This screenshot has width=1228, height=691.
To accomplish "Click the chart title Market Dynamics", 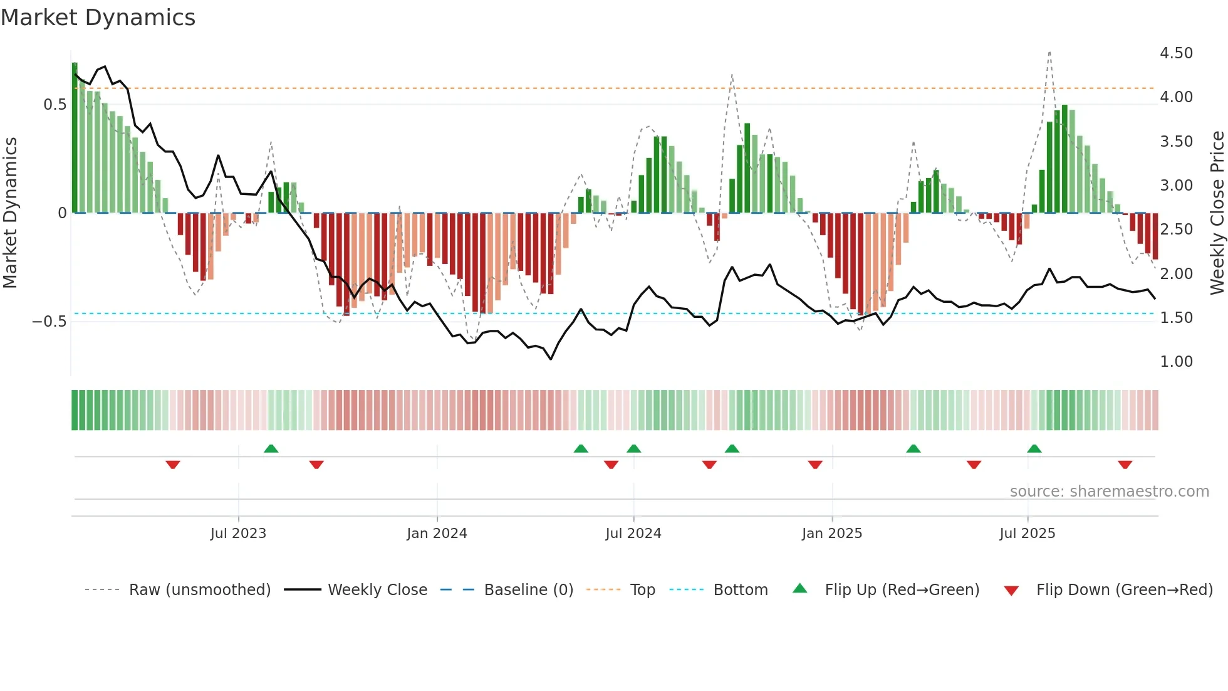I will click(98, 18).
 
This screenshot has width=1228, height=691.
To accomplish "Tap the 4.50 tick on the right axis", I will click(1176, 53).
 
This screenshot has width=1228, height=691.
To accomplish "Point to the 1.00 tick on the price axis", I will click(1176, 362).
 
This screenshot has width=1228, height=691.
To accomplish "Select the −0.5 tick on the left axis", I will click(49, 322).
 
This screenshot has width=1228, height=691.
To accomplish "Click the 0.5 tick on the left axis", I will click(55, 105).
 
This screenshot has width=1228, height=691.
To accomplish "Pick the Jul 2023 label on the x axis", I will click(238, 534).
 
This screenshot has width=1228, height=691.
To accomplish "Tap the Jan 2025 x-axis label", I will click(831, 534).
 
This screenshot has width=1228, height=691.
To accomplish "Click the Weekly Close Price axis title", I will click(1217, 213).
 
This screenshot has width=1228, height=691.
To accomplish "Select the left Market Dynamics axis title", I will click(11, 213).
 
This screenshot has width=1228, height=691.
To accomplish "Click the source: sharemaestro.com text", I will click(1109, 492).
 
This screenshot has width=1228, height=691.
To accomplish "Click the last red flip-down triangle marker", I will click(1125, 465).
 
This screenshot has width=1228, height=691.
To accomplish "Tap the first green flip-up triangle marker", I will click(271, 449).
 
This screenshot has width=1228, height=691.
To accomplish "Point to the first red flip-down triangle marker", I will click(173, 465).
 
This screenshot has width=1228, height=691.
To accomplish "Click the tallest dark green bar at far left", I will click(75, 138).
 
